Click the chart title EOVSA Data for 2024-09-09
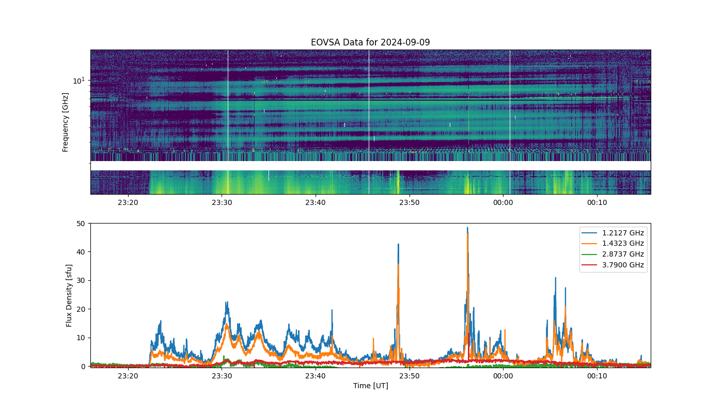(x=370, y=42)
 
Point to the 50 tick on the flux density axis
(x=81, y=224)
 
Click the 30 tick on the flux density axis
(x=81, y=281)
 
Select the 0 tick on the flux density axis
(x=83, y=367)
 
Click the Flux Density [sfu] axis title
(x=69, y=295)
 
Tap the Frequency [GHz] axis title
(x=65, y=122)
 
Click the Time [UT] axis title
(x=371, y=386)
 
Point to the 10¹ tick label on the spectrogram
(x=78, y=81)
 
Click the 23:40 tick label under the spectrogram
(x=316, y=202)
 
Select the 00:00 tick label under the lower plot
(x=503, y=376)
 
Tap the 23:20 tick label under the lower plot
(x=128, y=376)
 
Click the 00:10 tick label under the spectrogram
(x=597, y=202)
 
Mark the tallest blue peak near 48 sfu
(x=467, y=228)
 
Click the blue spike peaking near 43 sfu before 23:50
(x=398, y=244)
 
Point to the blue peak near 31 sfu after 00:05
(x=556, y=278)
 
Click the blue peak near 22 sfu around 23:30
(x=227, y=303)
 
